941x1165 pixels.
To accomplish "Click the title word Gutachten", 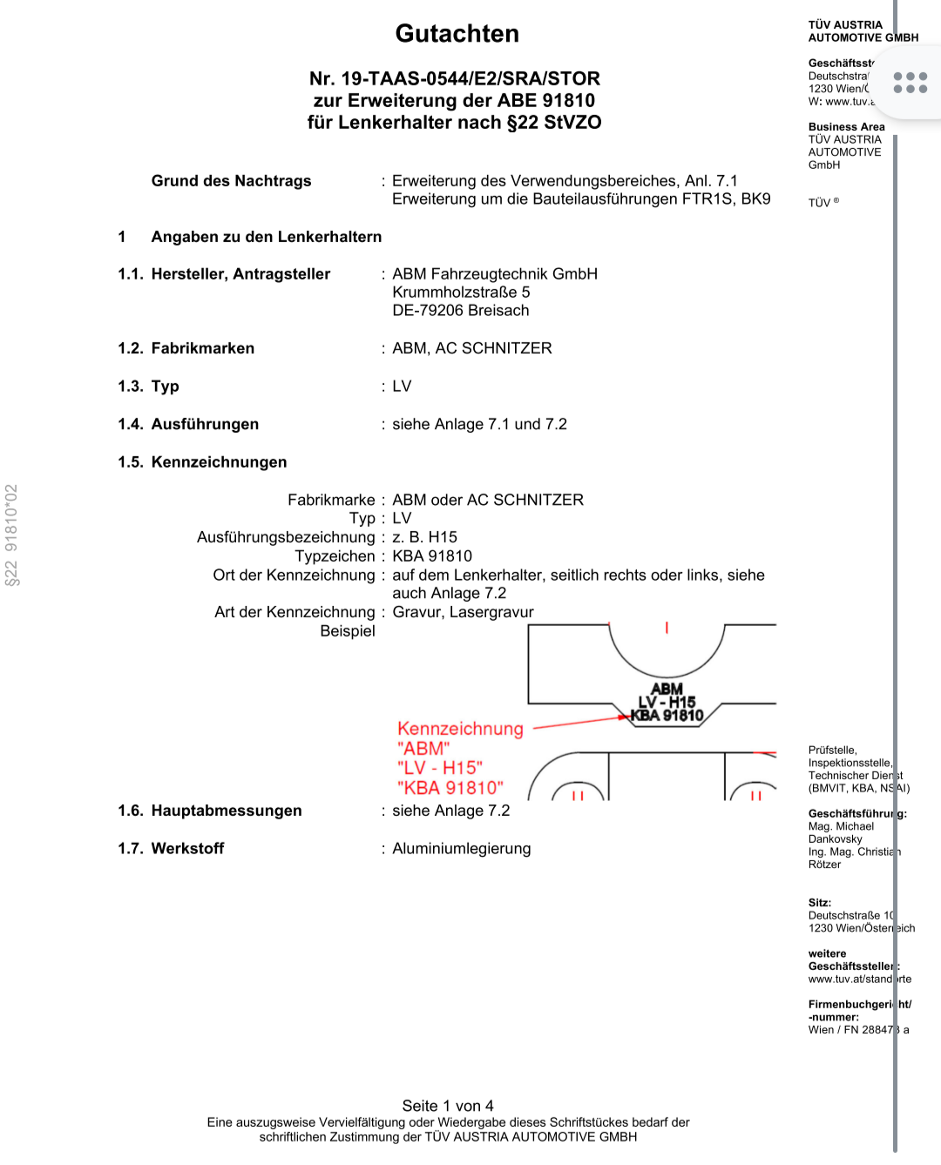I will coord(457,34).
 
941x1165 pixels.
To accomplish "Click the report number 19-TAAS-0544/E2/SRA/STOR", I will coord(470,78).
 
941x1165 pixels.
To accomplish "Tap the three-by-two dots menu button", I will coord(910,83).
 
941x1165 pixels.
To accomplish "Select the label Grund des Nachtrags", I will coord(231,181).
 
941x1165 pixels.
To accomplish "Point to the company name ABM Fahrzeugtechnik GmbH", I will coord(495,274).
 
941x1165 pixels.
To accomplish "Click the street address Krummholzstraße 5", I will coord(461,293).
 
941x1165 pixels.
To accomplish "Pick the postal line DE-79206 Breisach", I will coord(460,311).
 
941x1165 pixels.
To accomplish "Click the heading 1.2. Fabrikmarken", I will coord(186,348).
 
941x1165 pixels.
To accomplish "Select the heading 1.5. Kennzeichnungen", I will coord(202,462).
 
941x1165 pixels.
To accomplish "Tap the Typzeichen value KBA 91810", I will coord(432,556).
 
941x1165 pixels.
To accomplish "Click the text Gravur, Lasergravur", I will coord(463,612).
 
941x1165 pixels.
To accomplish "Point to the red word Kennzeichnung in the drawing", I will coord(460,729).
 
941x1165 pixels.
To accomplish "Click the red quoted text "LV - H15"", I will coord(440,768).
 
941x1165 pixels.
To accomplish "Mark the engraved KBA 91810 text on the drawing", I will coord(667,716).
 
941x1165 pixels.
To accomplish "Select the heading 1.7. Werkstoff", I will coord(171,849).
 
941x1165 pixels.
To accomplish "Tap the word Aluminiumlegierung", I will coord(461,849).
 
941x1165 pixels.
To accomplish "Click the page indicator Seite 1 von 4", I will coord(448,1106).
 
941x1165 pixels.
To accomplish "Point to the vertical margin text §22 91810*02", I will coord(12,535).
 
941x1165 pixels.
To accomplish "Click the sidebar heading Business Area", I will coord(846,127).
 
